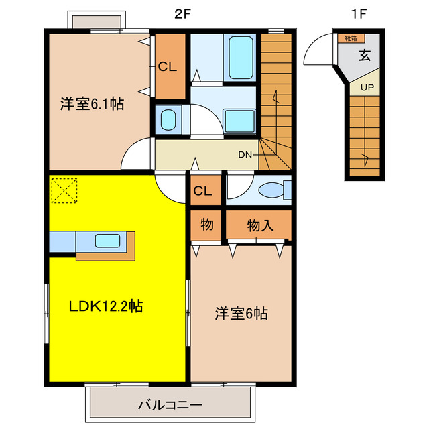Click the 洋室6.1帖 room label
(x=92, y=104)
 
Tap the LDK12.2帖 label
(x=106, y=306)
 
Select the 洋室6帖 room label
(x=241, y=313)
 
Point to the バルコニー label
(x=170, y=405)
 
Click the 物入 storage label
(x=260, y=225)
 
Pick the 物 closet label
(x=206, y=225)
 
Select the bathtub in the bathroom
(x=240, y=58)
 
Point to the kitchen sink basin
(x=107, y=241)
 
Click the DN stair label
(x=245, y=154)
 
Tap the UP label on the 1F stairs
(x=367, y=87)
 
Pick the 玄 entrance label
(x=364, y=56)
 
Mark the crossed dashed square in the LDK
(x=64, y=190)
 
